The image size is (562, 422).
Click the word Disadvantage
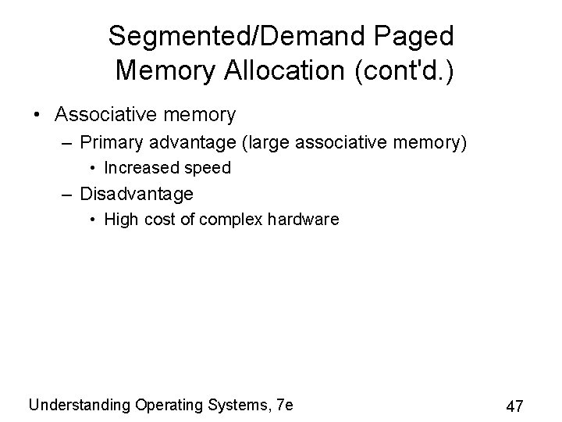tap(137, 193)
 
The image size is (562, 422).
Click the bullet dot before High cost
tap(93, 220)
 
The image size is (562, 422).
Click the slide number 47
tap(514, 406)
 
